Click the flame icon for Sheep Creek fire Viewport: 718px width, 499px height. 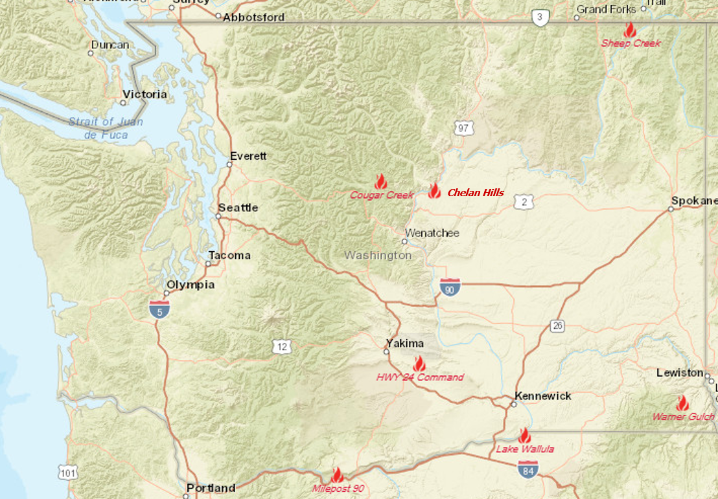[x=629, y=30]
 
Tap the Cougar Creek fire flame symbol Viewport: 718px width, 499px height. [x=381, y=181]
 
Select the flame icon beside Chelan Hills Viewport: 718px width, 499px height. [x=434, y=191]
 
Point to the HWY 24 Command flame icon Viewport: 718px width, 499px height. [x=419, y=364]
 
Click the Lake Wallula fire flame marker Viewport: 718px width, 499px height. [x=524, y=436]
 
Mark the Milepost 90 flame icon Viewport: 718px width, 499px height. [x=337, y=475]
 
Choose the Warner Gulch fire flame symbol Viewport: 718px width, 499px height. [x=682, y=403]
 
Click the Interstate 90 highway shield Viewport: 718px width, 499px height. [x=450, y=287]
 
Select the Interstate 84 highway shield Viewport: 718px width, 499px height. [x=527, y=469]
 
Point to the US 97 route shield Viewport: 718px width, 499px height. [x=462, y=128]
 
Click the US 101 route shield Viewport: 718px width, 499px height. [x=67, y=472]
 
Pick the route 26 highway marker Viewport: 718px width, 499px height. [x=557, y=326]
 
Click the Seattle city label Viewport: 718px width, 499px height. [x=238, y=208]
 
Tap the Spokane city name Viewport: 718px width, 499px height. [x=693, y=201]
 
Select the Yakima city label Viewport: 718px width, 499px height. [x=404, y=343]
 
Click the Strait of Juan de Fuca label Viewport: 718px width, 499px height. [x=106, y=128]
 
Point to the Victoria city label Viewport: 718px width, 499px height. [x=145, y=94]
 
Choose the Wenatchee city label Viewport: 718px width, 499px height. [x=432, y=233]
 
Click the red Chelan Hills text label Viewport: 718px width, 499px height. [x=476, y=192]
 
